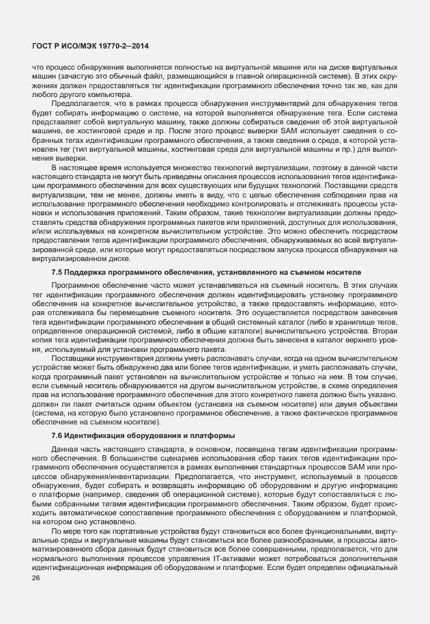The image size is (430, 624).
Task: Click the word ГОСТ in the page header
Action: point(44,46)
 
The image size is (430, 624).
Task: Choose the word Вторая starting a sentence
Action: point(382,331)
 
